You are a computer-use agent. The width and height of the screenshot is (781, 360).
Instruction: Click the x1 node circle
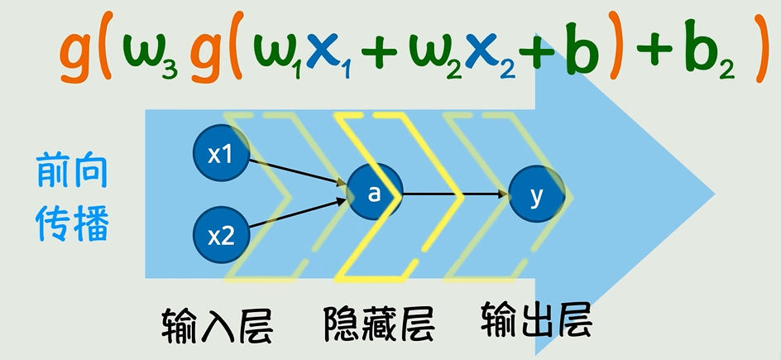point(220,154)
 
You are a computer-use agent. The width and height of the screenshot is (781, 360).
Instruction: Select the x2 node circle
point(220,237)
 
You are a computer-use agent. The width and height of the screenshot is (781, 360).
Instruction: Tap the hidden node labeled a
point(374,194)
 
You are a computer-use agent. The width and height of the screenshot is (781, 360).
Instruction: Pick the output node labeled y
point(536,195)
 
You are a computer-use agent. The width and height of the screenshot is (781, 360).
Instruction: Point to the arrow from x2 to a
point(298,214)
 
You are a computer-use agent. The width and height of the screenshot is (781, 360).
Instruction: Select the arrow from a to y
point(455,194)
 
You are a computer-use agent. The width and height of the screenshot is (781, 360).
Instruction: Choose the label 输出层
point(535,319)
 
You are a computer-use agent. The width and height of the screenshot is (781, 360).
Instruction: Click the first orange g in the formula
point(76,56)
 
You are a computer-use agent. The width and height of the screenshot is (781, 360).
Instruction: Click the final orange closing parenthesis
point(761,55)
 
